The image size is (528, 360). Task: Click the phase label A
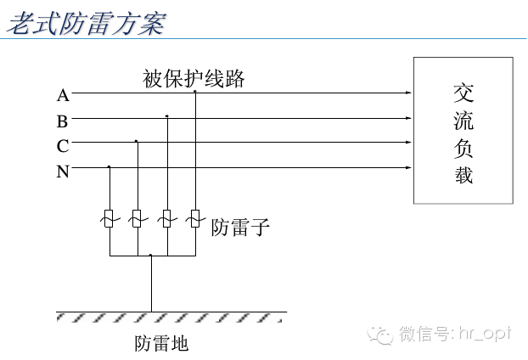click(x=63, y=94)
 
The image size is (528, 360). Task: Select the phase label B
click(x=63, y=121)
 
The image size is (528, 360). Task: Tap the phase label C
click(x=63, y=146)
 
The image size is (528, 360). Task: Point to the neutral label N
click(x=63, y=172)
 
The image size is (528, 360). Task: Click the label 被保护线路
click(x=194, y=79)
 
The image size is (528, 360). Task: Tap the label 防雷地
click(x=161, y=344)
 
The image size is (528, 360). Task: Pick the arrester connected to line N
click(x=110, y=219)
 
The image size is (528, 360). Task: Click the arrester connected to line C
click(x=137, y=219)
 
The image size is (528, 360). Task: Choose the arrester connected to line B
click(x=167, y=219)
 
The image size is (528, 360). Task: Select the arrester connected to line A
click(x=195, y=219)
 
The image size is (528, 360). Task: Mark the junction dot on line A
click(x=195, y=91)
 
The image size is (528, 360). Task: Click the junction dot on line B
click(x=167, y=116)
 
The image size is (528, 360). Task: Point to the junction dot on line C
click(x=137, y=142)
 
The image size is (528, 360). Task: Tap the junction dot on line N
click(x=110, y=167)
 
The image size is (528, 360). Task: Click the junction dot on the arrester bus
click(x=151, y=255)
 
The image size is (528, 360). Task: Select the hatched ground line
click(x=171, y=315)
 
